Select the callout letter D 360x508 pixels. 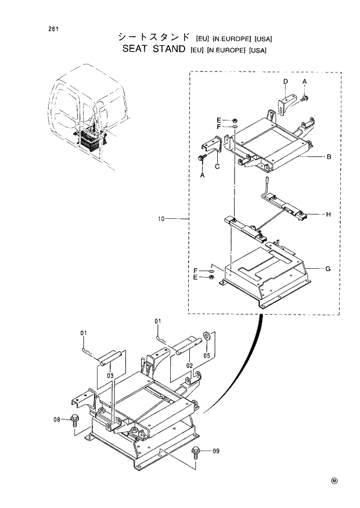click(286, 81)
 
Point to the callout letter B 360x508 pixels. click(329, 157)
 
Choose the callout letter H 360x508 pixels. click(328, 214)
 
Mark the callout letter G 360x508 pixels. click(328, 269)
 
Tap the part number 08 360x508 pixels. click(57, 418)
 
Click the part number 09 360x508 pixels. click(216, 450)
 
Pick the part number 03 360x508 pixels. click(110, 376)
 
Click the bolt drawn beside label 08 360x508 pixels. click(73, 418)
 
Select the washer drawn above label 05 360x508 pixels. click(207, 336)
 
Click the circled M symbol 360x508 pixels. click(334, 480)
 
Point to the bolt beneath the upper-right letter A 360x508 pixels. click(305, 100)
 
